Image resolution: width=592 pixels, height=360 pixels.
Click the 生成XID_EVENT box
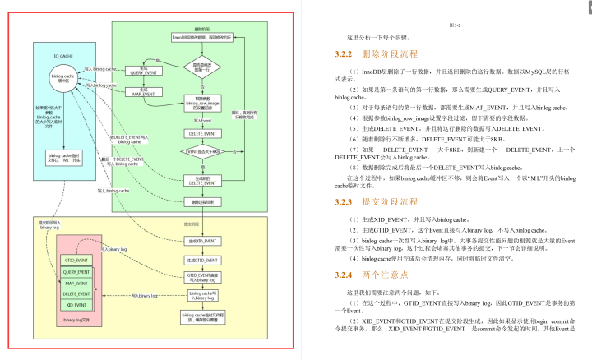(201, 241)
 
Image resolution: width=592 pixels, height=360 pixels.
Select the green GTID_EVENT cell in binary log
(76, 260)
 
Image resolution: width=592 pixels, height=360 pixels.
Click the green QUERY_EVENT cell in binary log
(76, 271)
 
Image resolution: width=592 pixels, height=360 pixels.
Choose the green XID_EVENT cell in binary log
(76, 304)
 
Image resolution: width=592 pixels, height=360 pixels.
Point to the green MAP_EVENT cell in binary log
(76, 283)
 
